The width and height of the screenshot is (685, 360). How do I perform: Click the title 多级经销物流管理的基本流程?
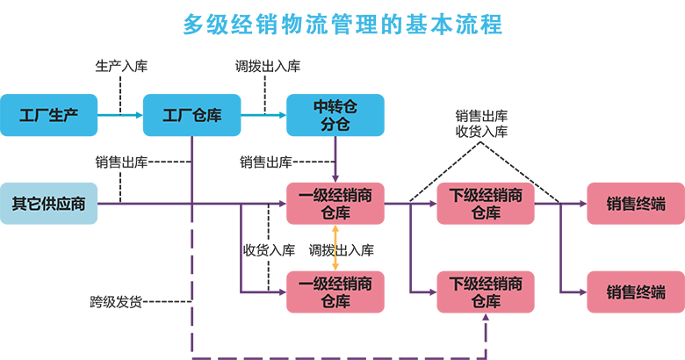click(x=342, y=25)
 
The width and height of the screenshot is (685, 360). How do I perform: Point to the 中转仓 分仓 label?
click(x=335, y=116)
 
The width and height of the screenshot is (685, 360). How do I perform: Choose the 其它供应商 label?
click(x=48, y=205)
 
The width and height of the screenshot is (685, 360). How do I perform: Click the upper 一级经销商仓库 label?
click(x=335, y=205)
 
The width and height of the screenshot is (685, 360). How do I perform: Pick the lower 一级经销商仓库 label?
click(x=335, y=292)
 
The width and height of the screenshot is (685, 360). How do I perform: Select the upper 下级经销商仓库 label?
click(x=486, y=205)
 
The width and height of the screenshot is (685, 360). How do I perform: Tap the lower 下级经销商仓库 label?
click(x=486, y=292)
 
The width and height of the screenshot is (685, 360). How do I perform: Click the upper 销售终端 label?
click(x=635, y=205)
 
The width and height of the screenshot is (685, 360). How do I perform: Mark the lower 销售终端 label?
click(x=635, y=292)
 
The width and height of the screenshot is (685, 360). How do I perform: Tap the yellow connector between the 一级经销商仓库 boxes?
click(x=335, y=248)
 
